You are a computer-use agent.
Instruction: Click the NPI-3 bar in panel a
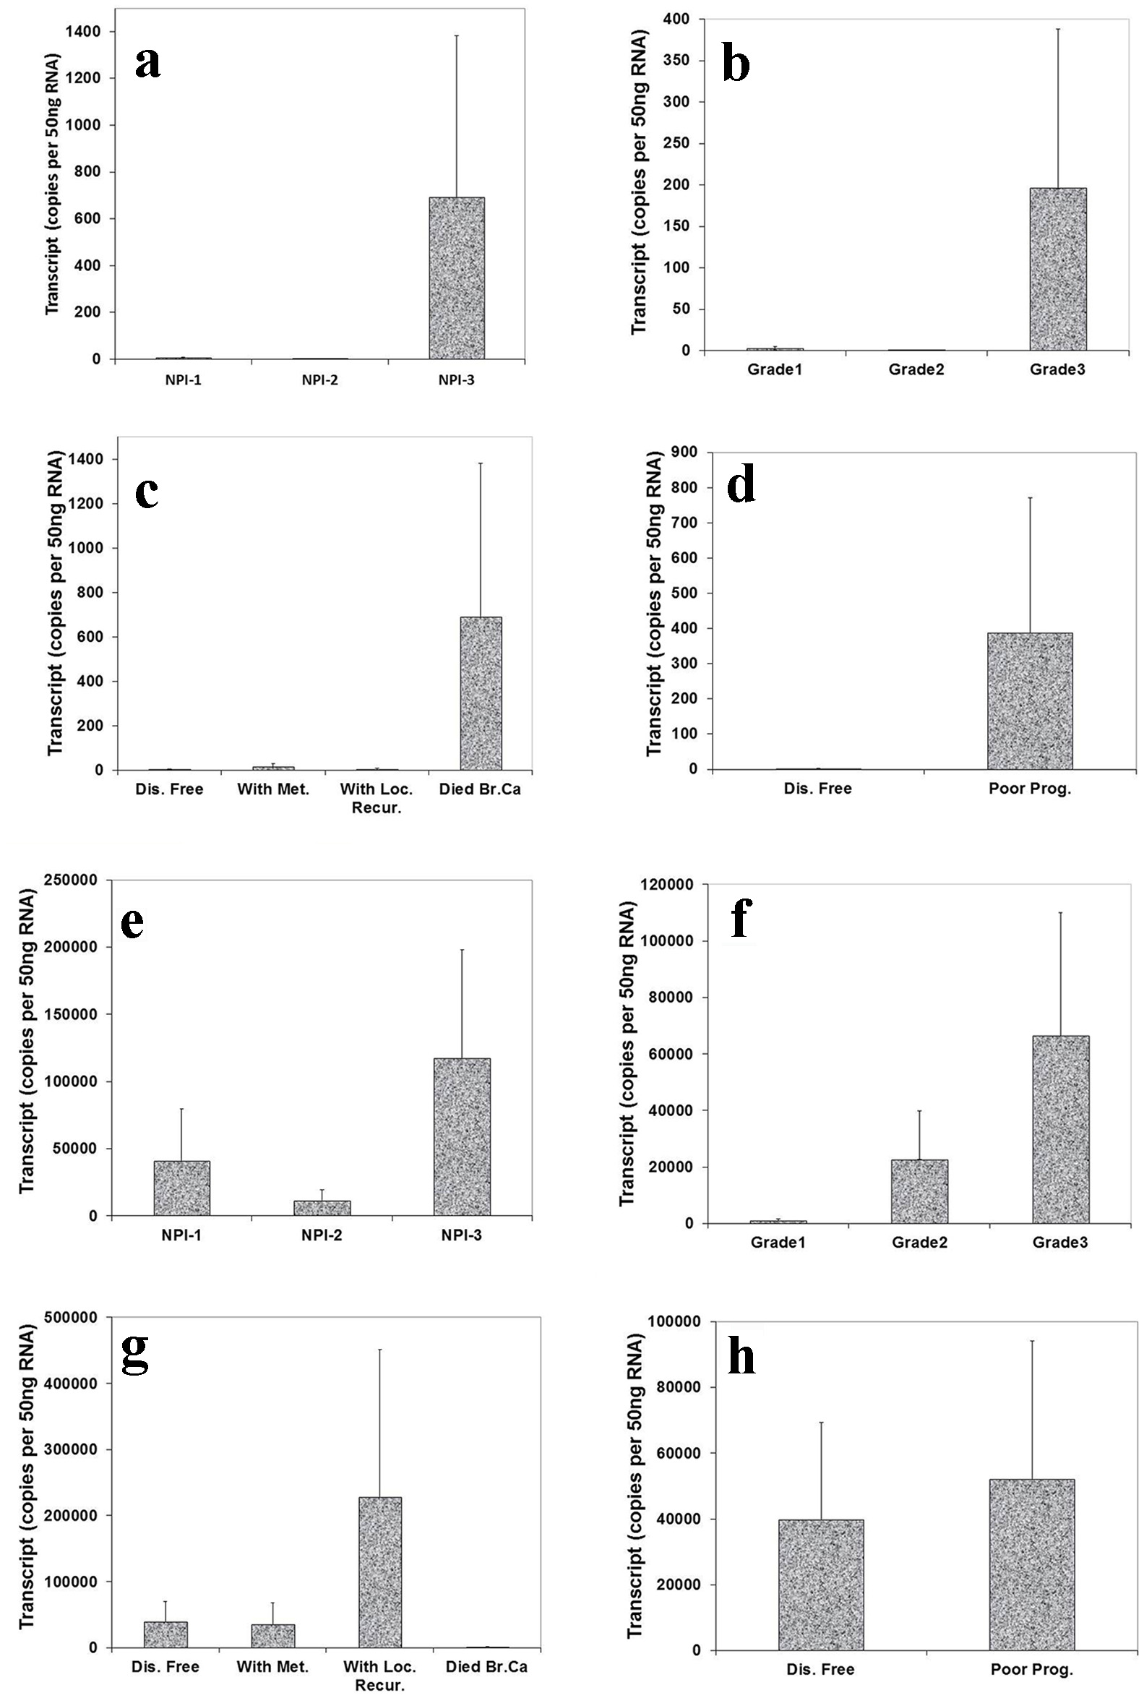(457, 278)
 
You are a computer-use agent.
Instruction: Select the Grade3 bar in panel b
(1058, 269)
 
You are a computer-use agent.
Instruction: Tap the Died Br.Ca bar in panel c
(481, 693)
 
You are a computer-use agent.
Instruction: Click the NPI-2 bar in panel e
(322, 1208)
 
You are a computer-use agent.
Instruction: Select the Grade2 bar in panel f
(919, 1191)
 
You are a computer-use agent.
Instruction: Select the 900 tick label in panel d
(679, 453)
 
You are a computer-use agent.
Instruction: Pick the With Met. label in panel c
(273, 789)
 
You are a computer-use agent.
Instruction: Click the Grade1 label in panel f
(778, 1242)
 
